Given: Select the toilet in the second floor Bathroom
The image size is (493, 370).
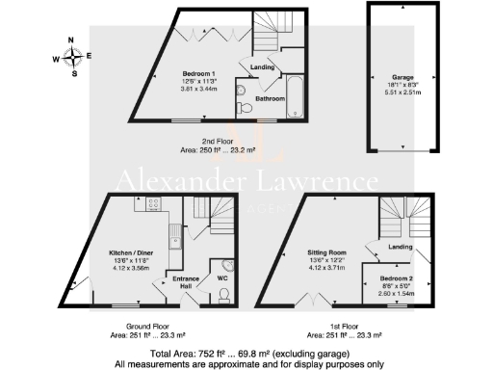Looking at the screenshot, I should [248, 106].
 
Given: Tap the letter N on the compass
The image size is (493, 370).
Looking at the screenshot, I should [69, 40].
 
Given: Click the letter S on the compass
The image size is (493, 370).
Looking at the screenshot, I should [69, 72].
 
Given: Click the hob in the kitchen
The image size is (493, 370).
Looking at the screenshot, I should [152, 204].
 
